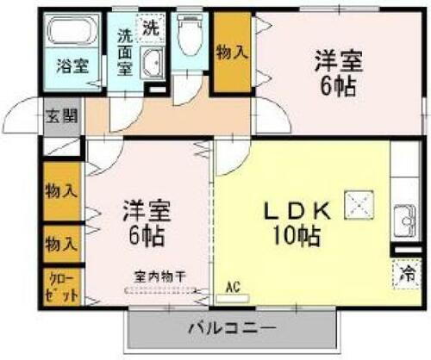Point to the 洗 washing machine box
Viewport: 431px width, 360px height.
pyautogui.click(x=151, y=27)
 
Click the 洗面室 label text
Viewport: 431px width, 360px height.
pyautogui.click(x=125, y=53)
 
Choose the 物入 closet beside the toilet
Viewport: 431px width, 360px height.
pyautogui.click(x=232, y=51)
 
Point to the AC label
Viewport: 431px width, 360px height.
pyautogui.click(x=232, y=287)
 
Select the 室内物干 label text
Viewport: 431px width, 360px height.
pyautogui.click(x=160, y=276)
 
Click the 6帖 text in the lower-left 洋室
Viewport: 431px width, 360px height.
pyautogui.click(x=144, y=235)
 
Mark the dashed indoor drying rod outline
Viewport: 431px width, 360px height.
pyautogui.click(x=161, y=289)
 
